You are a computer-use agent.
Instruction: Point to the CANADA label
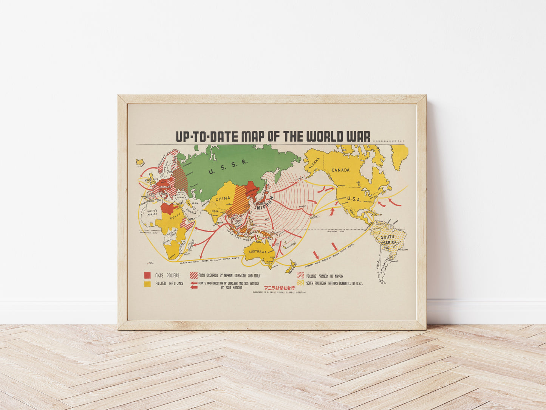pyautogui.click(x=340, y=170)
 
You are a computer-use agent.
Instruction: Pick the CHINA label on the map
pyautogui.click(x=223, y=199)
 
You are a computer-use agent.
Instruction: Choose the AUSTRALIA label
pyautogui.click(x=257, y=252)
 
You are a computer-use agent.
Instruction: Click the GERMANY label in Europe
pyautogui.click(x=165, y=187)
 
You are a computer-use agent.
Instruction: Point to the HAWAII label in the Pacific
pyautogui.click(x=315, y=216)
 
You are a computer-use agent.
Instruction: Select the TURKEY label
pyautogui.click(x=181, y=197)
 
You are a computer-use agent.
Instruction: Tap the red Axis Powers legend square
pyautogui.click(x=147, y=275)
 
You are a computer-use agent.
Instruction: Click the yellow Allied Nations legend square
pyautogui.click(x=147, y=283)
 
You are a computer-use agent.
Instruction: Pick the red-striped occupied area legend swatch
pyautogui.click(x=193, y=275)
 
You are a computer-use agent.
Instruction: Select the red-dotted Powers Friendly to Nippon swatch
pyautogui.click(x=300, y=276)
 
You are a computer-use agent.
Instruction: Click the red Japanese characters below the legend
pyautogui.click(x=279, y=288)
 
